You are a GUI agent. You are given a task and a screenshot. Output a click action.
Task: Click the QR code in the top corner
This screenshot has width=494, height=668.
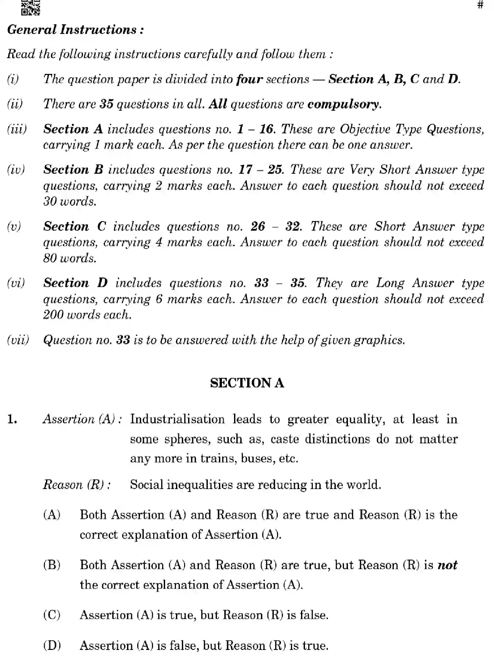point(31,8)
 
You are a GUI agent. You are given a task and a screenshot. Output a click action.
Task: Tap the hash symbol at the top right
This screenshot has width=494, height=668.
point(480,5)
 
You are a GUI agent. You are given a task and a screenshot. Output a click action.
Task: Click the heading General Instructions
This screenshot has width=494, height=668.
point(75,30)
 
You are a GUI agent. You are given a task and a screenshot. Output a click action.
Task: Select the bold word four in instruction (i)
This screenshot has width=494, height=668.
point(249,79)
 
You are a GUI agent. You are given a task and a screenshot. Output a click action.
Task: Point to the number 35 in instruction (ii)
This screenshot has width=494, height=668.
point(106,104)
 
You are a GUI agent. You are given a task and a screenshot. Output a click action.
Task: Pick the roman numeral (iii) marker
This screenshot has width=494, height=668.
point(17,129)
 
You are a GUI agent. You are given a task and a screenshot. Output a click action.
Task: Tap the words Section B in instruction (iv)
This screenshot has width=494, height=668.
point(73,170)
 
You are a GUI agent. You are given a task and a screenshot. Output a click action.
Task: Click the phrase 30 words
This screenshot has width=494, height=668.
point(70,201)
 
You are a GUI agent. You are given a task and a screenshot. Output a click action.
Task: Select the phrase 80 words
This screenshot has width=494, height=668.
point(70,258)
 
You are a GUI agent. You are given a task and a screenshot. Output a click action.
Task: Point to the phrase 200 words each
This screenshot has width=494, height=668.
point(87,315)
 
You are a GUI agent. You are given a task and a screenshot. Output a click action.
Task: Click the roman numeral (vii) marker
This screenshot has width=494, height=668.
point(18,340)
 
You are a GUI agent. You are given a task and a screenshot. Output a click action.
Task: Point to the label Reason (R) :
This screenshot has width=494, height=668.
point(77,485)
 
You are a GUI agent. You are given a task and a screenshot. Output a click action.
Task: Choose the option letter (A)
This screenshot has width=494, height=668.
point(52,515)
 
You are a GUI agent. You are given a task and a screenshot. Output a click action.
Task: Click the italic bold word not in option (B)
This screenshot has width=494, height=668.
point(447,565)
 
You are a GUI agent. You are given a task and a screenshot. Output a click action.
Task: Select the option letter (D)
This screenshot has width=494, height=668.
point(52,646)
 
